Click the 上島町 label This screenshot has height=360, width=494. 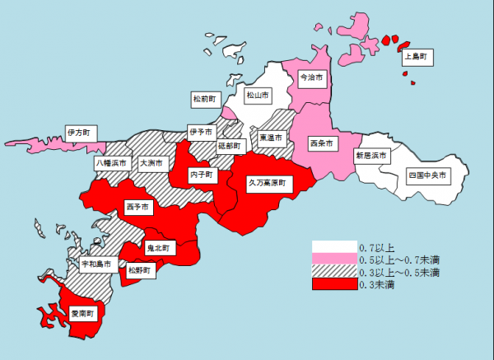tap(418, 57)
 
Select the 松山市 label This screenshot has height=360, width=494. tap(258, 95)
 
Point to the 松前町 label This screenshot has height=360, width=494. tap(204, 99)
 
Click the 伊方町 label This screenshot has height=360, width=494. tap(78, 131)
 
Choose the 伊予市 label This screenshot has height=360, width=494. tap(200, 131)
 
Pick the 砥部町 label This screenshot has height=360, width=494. tap(230, 145)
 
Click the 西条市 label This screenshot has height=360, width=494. tap(321, 143)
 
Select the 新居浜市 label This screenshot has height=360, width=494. tap(370, 155)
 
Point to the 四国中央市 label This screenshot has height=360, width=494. tap(427, 175)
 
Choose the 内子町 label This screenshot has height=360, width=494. tap(201, 175)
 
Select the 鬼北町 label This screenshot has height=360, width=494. tap(157, 247)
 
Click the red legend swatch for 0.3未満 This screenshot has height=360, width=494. tap(334, 284)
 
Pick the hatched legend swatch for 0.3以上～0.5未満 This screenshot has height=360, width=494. tap(334, 272)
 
